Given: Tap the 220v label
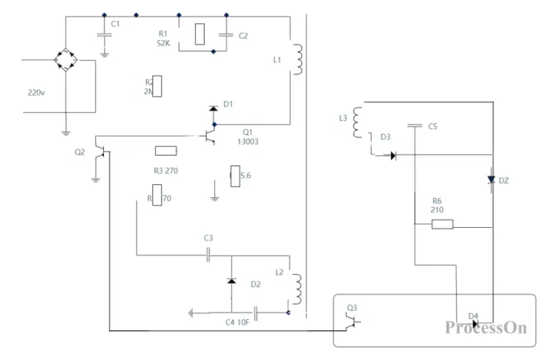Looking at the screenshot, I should [x=36, y=93].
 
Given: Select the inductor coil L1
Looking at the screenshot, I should [x=298, y=59].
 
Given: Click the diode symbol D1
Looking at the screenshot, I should [x=214, y=109].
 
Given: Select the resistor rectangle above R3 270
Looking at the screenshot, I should [x=165, y=151].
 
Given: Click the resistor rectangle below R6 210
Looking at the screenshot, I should [x=442, y=223].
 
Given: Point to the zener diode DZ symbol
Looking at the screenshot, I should [x=490, y=180].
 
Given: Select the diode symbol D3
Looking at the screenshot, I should [x=392, y=155].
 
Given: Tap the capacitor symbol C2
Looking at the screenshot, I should [x=225, y=35].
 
